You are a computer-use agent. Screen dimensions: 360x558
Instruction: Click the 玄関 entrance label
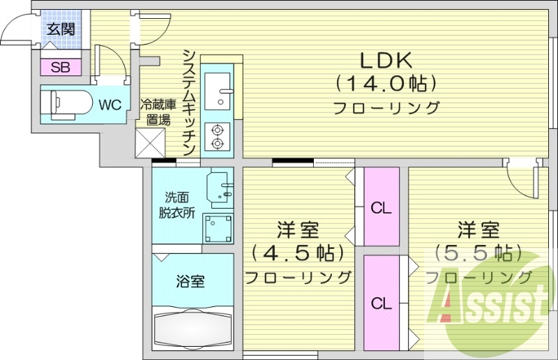tap(61, 29)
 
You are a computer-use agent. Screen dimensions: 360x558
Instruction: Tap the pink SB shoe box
tap(60, 68)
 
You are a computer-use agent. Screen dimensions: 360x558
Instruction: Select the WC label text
tap(110, 105)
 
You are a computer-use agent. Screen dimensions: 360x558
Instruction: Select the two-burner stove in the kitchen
tap(218, 137)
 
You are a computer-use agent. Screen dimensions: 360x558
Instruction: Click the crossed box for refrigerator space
tap(151, 144)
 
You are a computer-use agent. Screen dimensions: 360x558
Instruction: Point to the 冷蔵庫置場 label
tap(156, 112)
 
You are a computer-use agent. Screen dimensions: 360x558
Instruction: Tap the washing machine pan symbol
tap(218, 227)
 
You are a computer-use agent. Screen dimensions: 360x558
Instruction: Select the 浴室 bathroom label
tap(190, 282)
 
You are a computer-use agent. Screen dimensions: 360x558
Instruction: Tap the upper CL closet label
tap(381, 207)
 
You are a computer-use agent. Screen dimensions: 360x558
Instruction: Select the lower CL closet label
tap(381, 303)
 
